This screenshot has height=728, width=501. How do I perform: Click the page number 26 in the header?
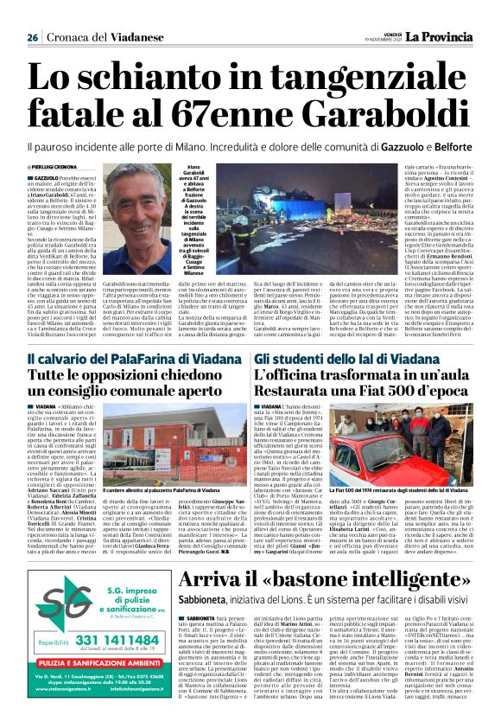pyautogui.click(x=32, y=37)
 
